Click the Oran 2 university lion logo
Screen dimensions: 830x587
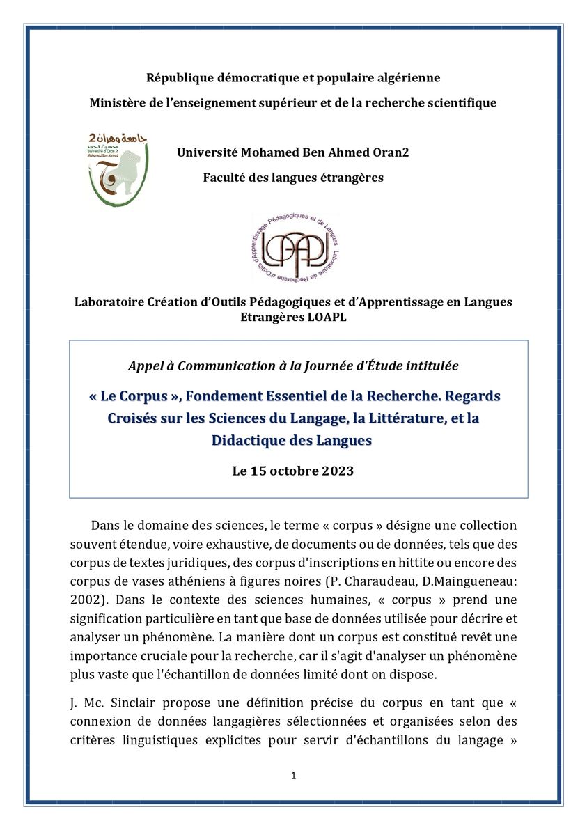click(118, 168)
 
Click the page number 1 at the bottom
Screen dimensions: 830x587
click(294, 775)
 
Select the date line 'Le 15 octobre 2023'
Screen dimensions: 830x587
click(293, 471)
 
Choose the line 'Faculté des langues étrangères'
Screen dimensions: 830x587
click(293, 178)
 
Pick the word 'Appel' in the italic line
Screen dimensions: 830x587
click(145, 365)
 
